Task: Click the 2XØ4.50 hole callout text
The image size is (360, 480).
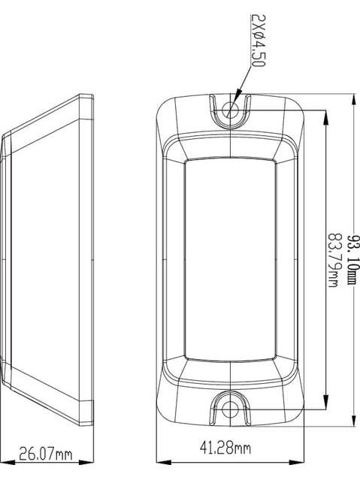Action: [x=258, y=41]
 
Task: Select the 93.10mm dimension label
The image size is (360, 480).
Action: [x=352, y=260]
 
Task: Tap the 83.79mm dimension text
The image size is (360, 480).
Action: [x=334, y=261]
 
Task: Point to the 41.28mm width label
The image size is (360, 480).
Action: [x=225, y=448]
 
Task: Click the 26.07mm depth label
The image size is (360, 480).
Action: [x=46, y=454]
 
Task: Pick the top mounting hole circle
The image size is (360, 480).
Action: [x=231, y=110]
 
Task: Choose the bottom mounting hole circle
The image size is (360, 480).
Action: [x=231, y=409]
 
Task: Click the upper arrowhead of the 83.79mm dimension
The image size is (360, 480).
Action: [x=325, y=117]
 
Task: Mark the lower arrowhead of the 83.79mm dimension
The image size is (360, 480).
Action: [x=325, y=402]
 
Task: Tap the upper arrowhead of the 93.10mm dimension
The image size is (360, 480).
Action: [x=355, y=101]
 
